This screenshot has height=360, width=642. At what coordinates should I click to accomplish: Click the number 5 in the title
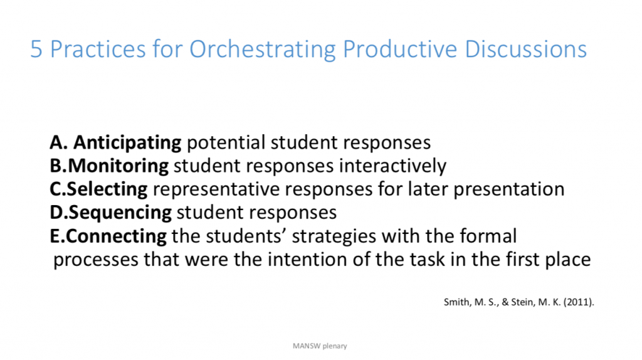coord(37,50)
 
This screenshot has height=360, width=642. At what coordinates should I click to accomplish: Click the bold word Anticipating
coord(127,143)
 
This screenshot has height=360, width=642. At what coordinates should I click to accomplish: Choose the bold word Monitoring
coord(118,166)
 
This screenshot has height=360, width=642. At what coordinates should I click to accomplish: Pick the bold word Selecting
coord(108,189)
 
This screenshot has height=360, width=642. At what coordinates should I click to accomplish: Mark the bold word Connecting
coord(116,236)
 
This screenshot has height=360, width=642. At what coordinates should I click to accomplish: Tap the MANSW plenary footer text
coord(320,346)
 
